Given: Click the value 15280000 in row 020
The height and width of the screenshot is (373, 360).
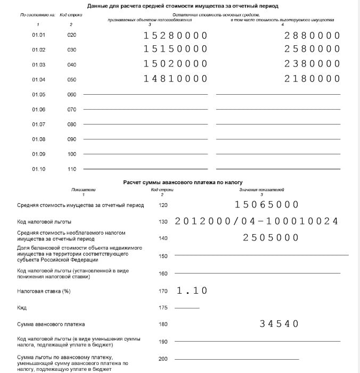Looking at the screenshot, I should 175,36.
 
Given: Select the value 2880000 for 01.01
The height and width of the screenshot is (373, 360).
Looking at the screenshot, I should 312,36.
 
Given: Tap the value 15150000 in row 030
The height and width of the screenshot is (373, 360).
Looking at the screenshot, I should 175,49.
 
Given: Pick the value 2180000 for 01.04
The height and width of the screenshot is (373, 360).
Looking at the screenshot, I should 312,79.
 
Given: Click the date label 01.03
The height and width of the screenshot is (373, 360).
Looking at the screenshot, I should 39,64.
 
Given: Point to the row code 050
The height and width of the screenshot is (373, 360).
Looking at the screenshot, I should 72,79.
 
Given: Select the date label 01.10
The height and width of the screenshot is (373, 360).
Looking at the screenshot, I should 39,169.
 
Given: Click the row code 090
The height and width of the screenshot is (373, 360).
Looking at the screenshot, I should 72,139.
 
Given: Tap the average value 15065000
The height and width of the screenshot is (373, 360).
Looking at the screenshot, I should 267,205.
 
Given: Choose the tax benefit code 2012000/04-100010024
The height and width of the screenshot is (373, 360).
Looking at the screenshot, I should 256,221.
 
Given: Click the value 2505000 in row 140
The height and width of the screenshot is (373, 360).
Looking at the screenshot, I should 271,238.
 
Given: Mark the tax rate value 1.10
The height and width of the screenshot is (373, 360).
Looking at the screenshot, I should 192,291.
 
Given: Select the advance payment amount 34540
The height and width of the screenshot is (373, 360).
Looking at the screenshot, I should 279,324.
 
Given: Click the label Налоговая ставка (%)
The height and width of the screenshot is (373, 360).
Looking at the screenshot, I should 44,291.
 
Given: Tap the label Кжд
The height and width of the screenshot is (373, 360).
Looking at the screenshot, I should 22,308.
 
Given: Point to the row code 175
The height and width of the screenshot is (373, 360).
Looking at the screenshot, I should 163,308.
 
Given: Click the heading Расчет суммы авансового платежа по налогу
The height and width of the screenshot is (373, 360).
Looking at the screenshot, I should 183,182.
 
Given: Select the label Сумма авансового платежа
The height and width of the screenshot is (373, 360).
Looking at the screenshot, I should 51,324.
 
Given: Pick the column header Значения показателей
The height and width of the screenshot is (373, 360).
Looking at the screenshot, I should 261,190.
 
